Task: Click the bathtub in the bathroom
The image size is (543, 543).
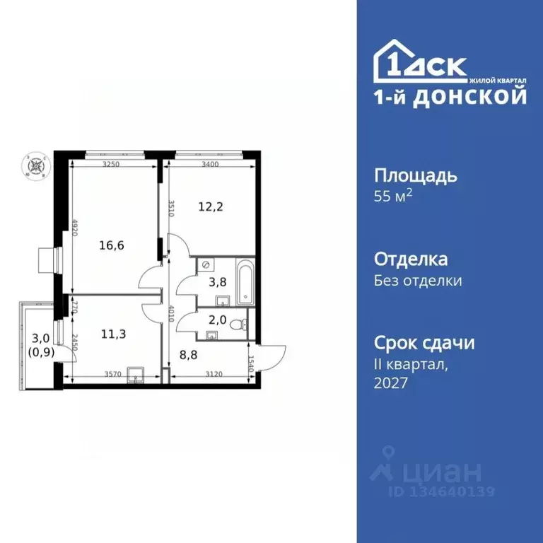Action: pos(245,282)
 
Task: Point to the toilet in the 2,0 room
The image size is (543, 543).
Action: pos(243,323)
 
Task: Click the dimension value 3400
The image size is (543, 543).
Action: pos(210,163)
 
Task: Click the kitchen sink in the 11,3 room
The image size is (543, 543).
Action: pos(134,375)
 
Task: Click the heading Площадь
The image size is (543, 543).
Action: pos(415,176)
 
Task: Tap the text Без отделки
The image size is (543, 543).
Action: pos(418,281)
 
